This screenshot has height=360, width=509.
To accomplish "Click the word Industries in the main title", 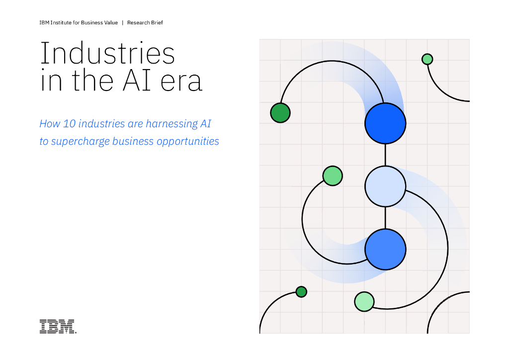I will [x=107, y=53].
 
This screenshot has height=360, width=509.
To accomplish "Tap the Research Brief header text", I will [x=145, y=23].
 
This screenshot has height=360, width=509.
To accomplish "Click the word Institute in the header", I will [x=65, y=23].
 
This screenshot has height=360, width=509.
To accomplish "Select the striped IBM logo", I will [x=58, y=326].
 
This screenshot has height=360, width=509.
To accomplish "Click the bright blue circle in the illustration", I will [x=385, y=123].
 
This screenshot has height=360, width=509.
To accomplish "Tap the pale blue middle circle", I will [x=385, y=186].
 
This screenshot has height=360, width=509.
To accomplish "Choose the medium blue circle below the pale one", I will [x=385, y=249].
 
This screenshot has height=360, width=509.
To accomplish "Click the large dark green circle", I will [x=280, y=112].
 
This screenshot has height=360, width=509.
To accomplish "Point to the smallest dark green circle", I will [x=301, y=292].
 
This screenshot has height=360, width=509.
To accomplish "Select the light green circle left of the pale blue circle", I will [x=333, y=176].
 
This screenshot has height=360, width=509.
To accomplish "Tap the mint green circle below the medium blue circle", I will [x=364, y=301].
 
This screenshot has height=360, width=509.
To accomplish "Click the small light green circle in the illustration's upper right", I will [x=427, y=59].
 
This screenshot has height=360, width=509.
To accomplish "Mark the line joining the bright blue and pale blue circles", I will [x=385, y=155].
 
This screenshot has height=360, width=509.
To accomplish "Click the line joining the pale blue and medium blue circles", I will [x=385, y=218].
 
